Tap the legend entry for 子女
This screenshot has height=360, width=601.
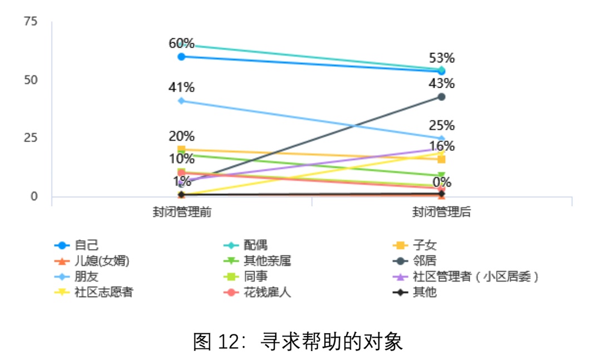428,245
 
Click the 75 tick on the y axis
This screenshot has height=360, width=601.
31,22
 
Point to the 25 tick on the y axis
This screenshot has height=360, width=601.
31,138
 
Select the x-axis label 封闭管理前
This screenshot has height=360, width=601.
182,212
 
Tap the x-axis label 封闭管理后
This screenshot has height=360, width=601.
441,212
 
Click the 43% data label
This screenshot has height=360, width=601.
442,83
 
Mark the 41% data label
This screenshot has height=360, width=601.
181,87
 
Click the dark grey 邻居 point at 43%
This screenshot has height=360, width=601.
441,97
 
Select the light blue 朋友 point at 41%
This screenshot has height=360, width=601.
181,101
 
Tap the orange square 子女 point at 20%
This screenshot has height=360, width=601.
181,149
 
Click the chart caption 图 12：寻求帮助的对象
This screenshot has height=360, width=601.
298,341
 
